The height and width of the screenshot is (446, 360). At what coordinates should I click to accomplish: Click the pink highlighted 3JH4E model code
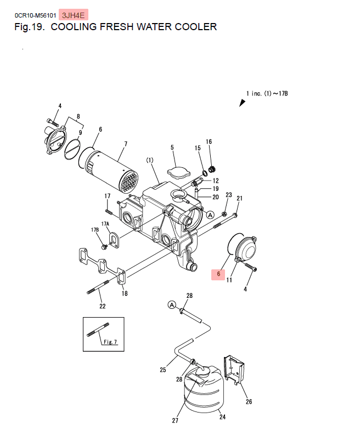[x=73, y=15]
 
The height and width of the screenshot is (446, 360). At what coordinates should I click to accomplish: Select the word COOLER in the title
[x=196, y=27]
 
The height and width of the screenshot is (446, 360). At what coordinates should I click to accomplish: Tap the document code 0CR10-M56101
[x=36, y=15]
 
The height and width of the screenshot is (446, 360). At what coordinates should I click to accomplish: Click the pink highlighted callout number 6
[x=218, y=274]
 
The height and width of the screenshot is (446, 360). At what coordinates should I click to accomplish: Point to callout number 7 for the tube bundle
[x=126, y=144]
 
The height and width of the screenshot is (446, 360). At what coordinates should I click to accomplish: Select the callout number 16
[x=209, y=142]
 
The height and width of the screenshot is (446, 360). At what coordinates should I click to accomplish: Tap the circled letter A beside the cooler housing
[x=210, y=215]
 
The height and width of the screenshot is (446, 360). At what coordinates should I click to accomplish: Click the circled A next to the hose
[x=172, y=305]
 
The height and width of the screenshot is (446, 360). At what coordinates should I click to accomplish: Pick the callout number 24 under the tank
[x=222, y=417]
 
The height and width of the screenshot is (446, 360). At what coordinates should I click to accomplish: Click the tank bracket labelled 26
[x=234, y=369]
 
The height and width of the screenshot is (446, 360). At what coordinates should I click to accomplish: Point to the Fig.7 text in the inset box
[x=110, y=342]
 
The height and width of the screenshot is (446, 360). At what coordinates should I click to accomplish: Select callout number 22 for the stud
[x=103, y=306]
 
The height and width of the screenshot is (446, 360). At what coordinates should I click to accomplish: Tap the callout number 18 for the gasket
[x=125, y=293]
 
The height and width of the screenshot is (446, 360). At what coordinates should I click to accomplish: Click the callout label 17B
[x=95, y=229]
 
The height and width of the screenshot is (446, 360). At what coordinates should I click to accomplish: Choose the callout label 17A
[x=105, y=224]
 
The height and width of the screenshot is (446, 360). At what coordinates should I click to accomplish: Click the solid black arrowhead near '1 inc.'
[x=242, y=103]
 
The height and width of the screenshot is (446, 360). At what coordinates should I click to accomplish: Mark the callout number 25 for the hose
[x=163, y=370]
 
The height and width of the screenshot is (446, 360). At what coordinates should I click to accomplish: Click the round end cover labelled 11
[x=246, y=250]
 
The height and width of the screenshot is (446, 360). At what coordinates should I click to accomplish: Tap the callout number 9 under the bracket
[x=80, y=133]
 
